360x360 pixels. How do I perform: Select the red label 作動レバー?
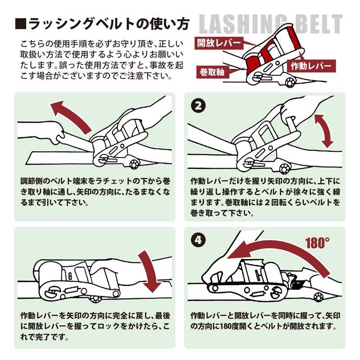(x=310, y=66)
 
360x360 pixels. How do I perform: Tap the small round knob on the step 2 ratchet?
(x=284, y=169)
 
